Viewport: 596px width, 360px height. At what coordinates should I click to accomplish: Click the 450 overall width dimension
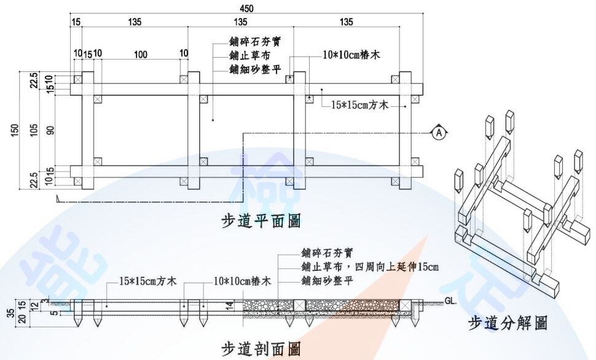246,8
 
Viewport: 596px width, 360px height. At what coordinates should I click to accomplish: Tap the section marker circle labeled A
438,132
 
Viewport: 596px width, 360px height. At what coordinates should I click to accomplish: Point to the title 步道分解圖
507,323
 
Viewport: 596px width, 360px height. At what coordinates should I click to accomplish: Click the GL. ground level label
452,300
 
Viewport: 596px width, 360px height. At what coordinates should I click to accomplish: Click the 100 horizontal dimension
141,55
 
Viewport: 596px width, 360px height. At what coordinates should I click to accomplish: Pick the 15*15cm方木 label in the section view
148,281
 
